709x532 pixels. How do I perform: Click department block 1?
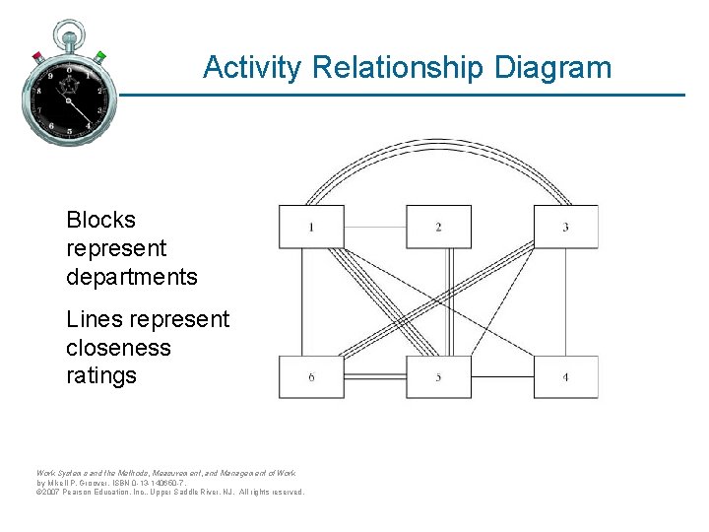(x=311, y=227)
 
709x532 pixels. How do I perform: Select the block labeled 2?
(x=438, y=227)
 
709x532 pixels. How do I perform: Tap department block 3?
(x=565, y=227)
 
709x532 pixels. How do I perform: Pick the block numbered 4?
(x=565, y=376)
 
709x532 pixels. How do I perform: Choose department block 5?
(x=438, y=376)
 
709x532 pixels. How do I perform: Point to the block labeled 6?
(x=311, y=376)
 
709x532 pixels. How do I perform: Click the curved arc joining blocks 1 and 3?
(x=438, y=144)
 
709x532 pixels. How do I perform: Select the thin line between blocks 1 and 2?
(x=374, y=227)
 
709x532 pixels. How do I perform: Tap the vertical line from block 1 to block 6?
(x=302, y=301)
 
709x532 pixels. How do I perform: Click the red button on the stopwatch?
(x=37, y=55)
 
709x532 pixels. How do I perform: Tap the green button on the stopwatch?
(x=100, y=55)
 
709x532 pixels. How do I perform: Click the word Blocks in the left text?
(x=100, y=220)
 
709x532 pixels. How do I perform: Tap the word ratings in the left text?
(x=101, y=375)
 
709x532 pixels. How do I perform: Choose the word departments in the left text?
(x=132, y=277)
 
